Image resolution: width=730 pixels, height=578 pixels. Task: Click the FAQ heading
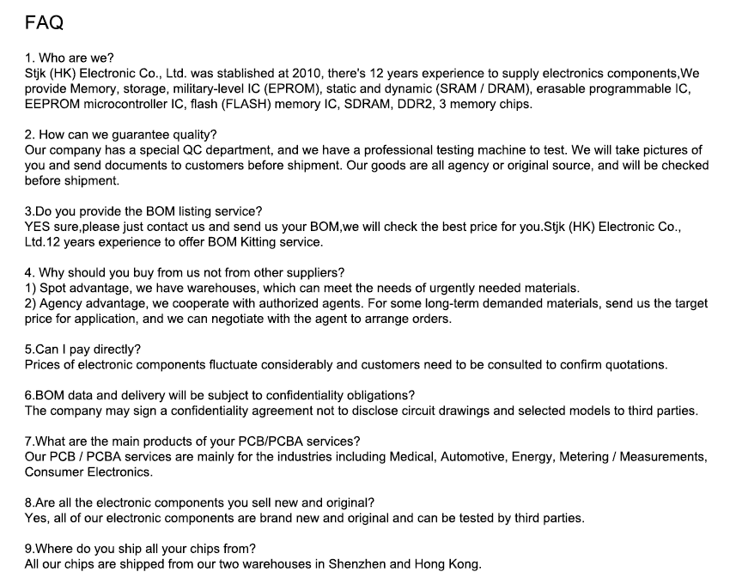44,23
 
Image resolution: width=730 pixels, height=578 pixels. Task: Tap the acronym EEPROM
51,104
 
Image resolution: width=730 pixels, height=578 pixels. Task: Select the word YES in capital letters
39,227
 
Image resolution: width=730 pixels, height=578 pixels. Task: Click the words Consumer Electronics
88,472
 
